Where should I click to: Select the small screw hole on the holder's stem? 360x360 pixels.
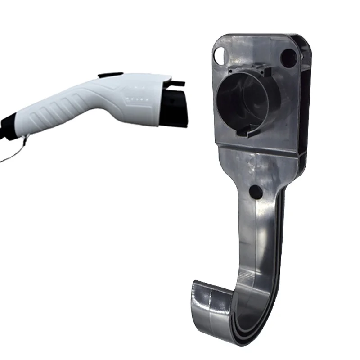256,192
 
